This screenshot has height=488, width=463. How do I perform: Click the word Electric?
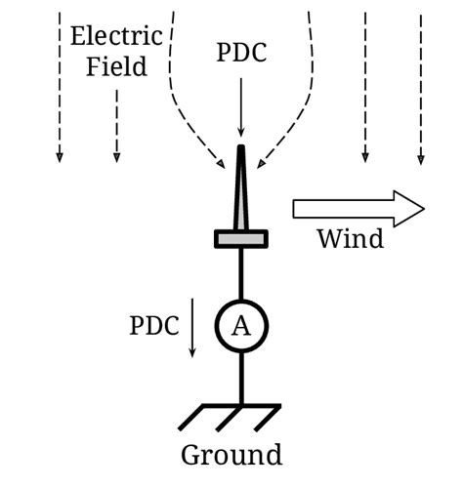[116, 37]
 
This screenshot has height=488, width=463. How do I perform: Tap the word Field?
[116, 66]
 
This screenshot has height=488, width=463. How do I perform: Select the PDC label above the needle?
[240, 54]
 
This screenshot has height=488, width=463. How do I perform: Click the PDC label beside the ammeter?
[154, 325]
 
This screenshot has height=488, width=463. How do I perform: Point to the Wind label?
[350, 239]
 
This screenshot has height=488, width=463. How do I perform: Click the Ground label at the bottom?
[231, 455]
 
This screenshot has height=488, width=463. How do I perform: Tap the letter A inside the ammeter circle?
[240, 326]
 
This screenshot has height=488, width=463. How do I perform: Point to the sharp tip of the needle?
[240, 149]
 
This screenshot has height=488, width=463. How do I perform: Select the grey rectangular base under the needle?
[240, 238]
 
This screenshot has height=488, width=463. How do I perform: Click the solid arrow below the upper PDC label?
[240, 107]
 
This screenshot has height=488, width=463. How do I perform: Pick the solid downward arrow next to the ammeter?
[193, 327]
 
